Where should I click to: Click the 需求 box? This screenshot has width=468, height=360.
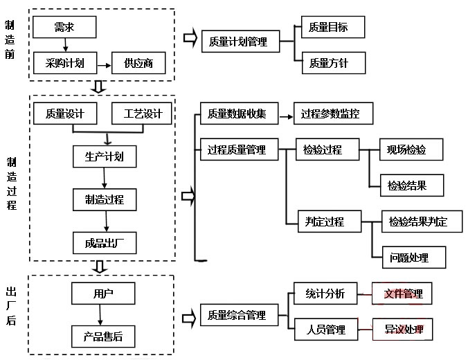tap(64, 28)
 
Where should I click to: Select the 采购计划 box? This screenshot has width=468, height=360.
tap(64, 64)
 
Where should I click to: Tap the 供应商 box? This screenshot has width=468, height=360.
tap(138, 64)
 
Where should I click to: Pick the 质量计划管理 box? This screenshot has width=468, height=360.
tap(238, 42)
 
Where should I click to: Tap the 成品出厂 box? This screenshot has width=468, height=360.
tap(105, 242)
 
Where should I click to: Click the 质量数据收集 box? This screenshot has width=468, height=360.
tap(237, 114)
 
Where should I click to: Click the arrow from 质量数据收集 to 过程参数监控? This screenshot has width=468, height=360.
tap(285, 114)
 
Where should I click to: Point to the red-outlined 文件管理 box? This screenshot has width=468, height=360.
tap(403, 294)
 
